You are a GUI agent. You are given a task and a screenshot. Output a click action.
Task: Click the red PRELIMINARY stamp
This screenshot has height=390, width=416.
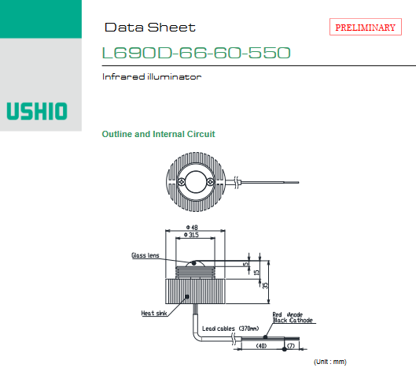tap(366, 27)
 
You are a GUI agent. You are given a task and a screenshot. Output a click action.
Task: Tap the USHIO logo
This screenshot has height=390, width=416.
tap(37, 111)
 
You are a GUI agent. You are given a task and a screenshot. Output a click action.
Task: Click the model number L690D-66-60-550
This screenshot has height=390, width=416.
tap(197, 53)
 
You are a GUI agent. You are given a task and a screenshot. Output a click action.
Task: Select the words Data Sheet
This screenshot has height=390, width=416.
tap(150, 28)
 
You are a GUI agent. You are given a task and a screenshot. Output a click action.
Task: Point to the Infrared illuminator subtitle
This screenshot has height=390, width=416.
tap(152, 77)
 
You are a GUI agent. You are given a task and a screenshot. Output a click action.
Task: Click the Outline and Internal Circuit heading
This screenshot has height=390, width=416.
tap(158, 134)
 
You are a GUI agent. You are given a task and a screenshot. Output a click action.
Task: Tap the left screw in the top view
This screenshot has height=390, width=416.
tap(182, 182)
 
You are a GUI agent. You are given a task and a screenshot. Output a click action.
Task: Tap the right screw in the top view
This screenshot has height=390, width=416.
tap(210, 182)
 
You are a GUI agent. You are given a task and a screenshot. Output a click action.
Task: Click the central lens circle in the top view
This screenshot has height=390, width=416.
tap(196, 172)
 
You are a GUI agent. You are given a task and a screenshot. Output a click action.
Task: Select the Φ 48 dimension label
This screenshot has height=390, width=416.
tap(192, 227)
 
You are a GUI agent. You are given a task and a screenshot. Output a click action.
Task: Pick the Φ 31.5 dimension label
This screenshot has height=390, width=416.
tap(191, 235)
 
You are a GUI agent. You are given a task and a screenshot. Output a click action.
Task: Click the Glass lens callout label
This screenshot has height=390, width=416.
tap(145, 255)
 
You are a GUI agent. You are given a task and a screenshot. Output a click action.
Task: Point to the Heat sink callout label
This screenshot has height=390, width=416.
tap(154, 313)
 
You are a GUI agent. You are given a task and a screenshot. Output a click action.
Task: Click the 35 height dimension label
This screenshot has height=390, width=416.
tap(265, 285)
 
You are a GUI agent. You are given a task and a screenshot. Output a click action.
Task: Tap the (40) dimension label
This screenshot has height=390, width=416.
tap(261, 346)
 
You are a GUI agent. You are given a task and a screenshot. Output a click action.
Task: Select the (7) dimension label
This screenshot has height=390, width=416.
tap(291, 346)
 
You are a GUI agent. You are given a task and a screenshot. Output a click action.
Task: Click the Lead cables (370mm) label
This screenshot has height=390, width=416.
tap(230, 329)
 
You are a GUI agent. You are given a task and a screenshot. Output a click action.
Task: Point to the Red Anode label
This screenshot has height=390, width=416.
tap(288, 314)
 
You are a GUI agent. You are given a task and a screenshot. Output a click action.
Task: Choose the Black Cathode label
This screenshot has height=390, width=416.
tap(293, 320)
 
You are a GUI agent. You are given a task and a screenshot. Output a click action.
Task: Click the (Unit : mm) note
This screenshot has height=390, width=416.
tap(330, 362)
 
